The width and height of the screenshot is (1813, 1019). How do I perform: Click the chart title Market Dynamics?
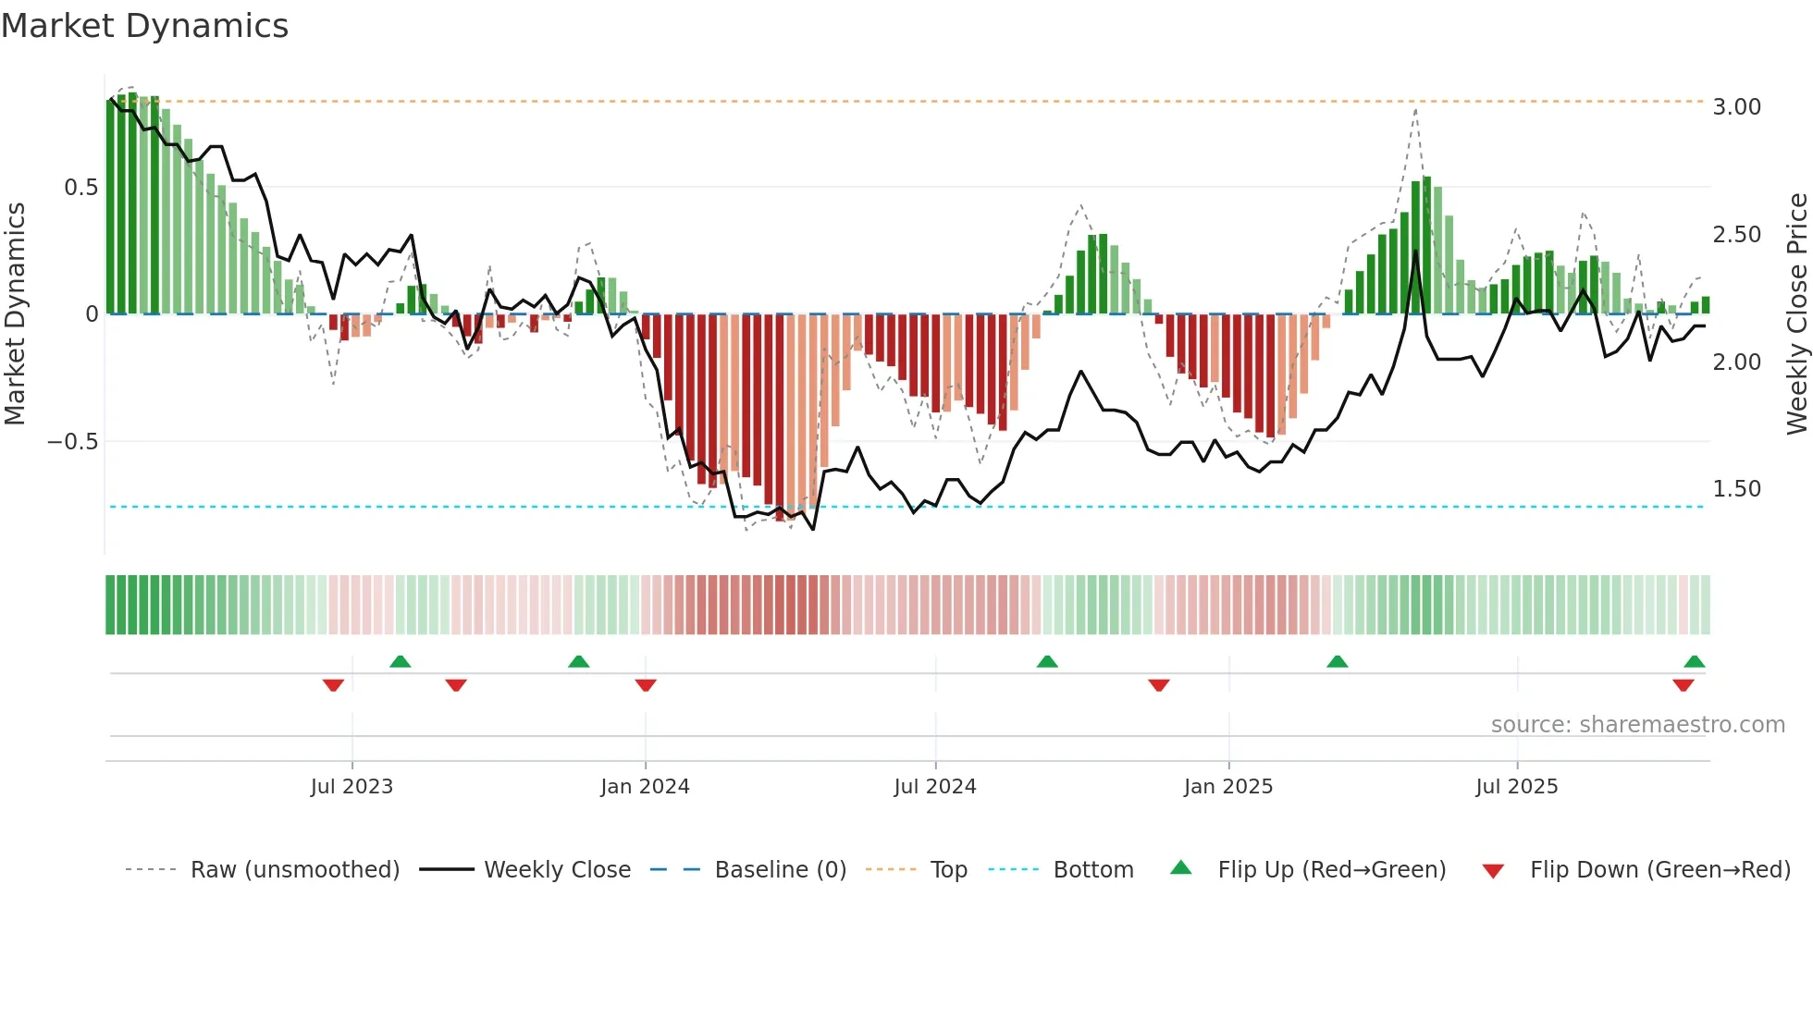click(x=145, y=26)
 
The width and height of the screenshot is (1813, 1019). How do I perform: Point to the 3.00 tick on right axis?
click(x=1736, y=107)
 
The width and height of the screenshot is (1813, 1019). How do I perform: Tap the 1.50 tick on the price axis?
click(x=1736, y=489)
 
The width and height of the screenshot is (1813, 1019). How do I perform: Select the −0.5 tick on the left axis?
click(x=73, y=442)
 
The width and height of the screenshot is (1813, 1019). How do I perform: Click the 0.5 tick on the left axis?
click(x=81, y=188)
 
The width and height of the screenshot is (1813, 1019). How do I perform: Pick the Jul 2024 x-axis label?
click(x=934, y=787)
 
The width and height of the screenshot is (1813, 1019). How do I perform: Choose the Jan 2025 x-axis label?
click(x=1227, y=787)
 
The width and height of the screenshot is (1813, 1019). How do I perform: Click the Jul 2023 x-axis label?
click(x=351, y=787)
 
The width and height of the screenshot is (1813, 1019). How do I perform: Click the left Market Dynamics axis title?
click(x=15, y=314)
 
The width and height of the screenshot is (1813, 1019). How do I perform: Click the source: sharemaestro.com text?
click(x=1637, y=725)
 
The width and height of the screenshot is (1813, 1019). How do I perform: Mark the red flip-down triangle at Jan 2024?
click(x=646, y=685)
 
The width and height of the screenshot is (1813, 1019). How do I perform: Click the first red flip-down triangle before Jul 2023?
click(x=333, y=685)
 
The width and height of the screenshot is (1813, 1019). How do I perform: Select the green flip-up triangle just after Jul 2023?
click(x=400, y=661)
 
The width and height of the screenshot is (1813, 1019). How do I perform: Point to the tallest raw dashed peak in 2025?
click(x=1415, y=110)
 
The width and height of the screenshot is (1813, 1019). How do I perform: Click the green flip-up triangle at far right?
click(x=1694, y=661)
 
